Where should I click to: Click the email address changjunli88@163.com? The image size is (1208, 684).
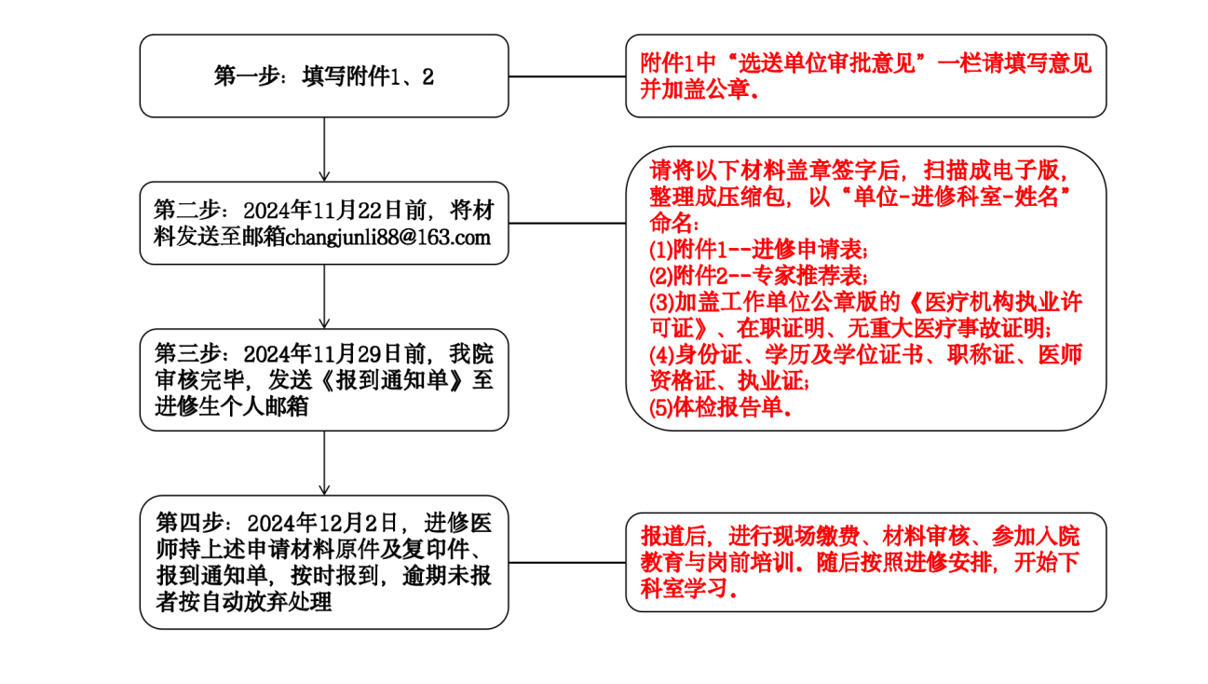point(387,237)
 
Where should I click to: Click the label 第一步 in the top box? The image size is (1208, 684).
point(247,76)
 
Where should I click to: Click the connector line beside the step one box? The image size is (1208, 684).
point(567,76)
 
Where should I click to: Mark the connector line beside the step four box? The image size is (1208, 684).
point(567,562)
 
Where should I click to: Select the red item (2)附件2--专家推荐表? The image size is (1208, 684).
point(758,276)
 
